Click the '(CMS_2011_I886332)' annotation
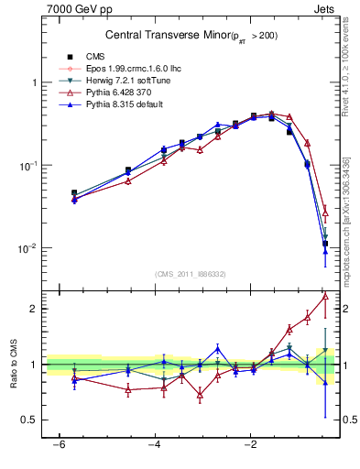coord(190,274)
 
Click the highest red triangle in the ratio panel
coord(325,296)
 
